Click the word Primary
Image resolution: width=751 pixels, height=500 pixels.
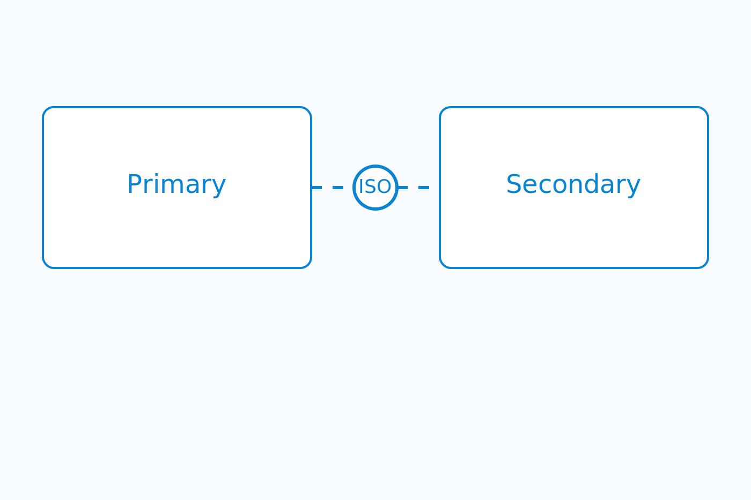[x=176, y=184]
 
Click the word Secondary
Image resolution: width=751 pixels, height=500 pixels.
[x=573, y=184]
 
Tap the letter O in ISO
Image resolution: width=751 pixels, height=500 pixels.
[x=384, y=186]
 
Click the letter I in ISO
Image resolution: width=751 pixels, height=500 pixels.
[x=360, y=186]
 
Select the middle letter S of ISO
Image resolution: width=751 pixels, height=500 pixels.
[x=369, y=186]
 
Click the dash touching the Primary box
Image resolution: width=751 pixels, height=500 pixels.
[x=317, y=188]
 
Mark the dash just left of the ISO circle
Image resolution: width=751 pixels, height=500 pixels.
[x=338, y=188]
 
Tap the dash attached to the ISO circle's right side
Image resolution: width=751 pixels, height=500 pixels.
[x=403, y=188]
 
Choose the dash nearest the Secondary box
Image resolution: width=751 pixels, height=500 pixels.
[x=424, y=188]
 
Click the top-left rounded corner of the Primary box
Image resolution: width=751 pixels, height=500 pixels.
[x=46, y=110]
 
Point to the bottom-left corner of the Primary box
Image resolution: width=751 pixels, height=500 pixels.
[x=46, y=265]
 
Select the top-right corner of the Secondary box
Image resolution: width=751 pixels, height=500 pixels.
[x=705, y=110]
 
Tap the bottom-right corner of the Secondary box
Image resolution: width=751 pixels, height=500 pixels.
[x=705, y=265]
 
